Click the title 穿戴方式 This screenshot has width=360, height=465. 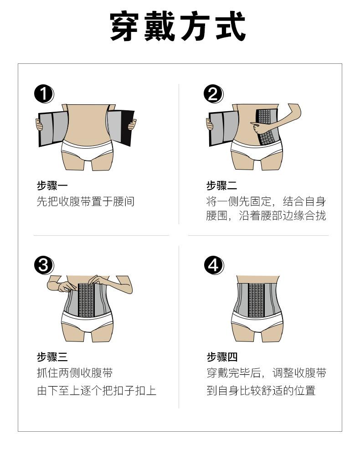(179, 27)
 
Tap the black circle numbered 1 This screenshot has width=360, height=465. (43, 94)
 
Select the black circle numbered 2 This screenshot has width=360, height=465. (213, 94)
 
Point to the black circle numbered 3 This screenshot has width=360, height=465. (43, 265)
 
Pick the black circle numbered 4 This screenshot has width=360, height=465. (213, 265)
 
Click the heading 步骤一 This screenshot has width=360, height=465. (52, 186)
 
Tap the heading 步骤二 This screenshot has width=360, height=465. (222, 186)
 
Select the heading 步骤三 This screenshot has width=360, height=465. (52, 357)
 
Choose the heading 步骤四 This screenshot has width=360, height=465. (222, 357)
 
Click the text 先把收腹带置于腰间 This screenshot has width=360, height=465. (86, 201)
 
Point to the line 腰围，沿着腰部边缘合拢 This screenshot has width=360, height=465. (266, 216)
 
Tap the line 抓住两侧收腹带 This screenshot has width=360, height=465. (75, 373)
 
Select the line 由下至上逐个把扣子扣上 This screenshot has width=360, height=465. (97, 390)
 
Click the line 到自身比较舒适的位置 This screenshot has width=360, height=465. (261, 390)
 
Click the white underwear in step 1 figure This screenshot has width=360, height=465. (87, 148)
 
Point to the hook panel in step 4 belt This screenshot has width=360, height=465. (257, 300)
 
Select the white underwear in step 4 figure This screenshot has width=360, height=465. (257, 325)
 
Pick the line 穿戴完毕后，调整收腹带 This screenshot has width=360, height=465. (267, 373)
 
